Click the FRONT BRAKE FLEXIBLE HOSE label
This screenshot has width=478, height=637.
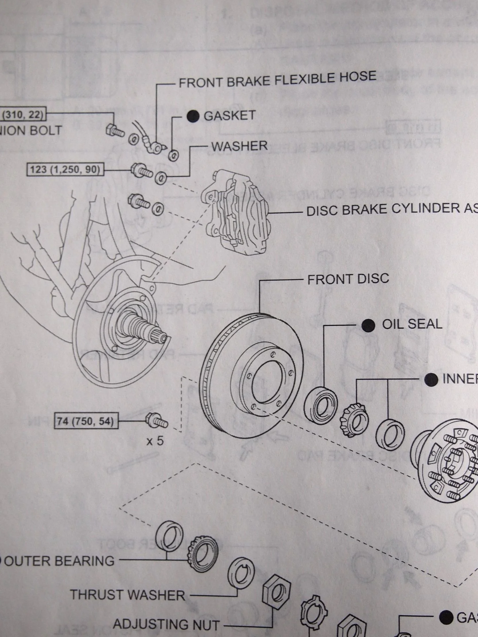click(x=278, y=79)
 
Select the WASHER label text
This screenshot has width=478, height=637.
click(x=239, y=146)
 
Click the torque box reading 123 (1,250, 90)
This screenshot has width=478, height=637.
click(x=65, y=170)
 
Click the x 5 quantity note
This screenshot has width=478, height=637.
click(x=155, y=441)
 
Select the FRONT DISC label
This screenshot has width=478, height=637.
click(x=348, y=279)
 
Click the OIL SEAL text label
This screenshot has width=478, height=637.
click(x=412, y=324)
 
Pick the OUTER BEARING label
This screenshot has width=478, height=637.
click(x=59, y=561)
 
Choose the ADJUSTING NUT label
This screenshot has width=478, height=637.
click(x=166, y=625)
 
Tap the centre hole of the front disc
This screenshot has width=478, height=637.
click(x=267, y=382)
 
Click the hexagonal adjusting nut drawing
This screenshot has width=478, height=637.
click(x=276, y=596)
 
